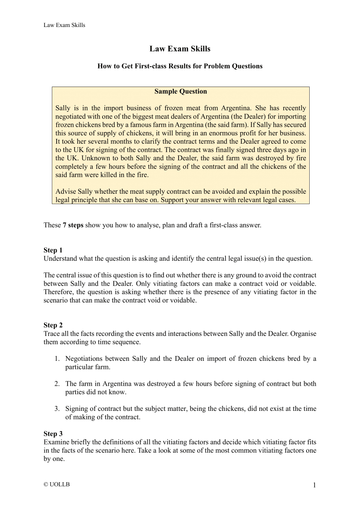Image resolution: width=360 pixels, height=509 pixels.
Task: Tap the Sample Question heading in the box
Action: tap(179, 88)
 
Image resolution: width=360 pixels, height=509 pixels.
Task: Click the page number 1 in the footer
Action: tap(313, 484)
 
